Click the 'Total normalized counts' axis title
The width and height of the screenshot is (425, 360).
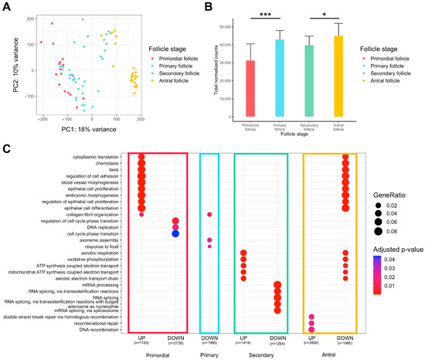pos(222,68)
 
